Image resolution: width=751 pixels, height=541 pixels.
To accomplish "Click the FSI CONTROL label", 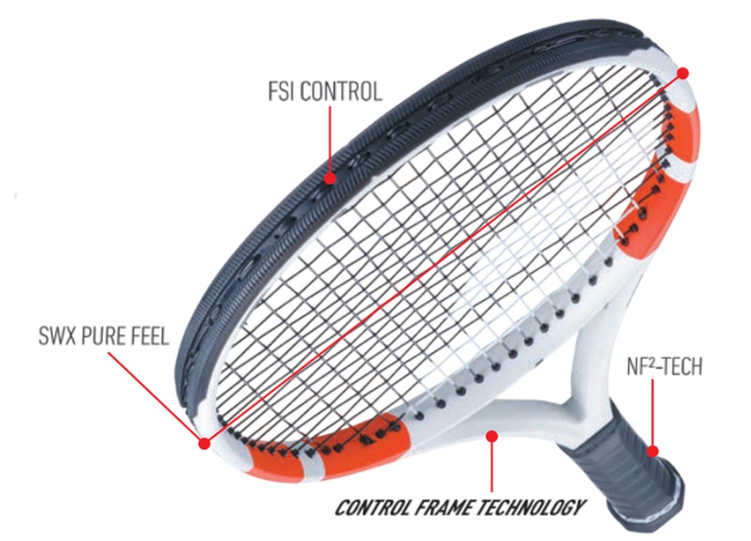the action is click(325, 92).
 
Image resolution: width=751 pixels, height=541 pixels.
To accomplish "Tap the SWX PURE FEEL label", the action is click(103, 336).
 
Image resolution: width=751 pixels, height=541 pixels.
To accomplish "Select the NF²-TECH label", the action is click(664, 367).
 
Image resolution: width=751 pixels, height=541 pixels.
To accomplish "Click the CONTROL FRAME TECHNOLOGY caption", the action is click(460, 508).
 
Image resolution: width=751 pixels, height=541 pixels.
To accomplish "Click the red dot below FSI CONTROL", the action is click(330, 179).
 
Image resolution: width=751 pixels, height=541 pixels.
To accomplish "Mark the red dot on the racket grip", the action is click(653, 451).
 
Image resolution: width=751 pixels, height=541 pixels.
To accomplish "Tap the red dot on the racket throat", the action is click(491, 436).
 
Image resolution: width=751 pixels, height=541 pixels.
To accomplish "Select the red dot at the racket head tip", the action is click(683, 73).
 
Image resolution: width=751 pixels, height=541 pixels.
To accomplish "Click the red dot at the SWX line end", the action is click(204, 443).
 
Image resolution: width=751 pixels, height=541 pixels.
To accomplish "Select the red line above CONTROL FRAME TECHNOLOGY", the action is click(491, 466).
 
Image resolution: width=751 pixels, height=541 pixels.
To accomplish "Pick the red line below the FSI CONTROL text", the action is click(330, 140).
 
